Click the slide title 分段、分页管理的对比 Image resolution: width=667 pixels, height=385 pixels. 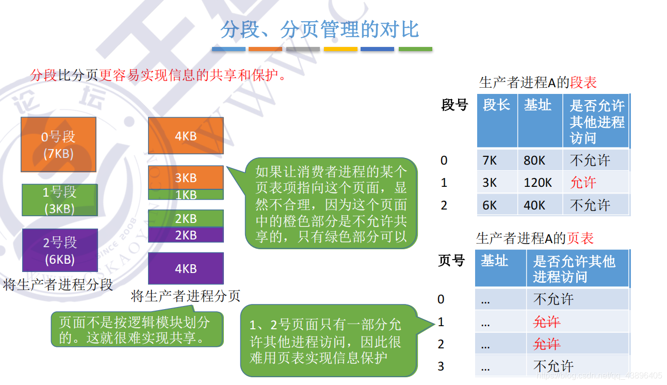[x=319, y=29]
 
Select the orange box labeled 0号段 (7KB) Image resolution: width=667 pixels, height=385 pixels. [x=58, y=145]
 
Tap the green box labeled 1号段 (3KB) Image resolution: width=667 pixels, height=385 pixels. [x=59, y=200]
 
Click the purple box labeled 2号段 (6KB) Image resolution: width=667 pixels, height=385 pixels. [x=60, y=250]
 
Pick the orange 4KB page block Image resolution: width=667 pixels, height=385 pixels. [x=186, y=136]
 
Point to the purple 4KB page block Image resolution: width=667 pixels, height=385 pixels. [x=186, y=268]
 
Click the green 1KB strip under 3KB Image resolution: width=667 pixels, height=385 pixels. [x=186, y=195]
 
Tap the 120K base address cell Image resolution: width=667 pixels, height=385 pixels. [x=538, y=183]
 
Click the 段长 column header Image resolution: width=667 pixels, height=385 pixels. [x=497, y=105]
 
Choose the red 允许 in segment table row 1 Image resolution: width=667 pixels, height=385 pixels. [x=583, y=183]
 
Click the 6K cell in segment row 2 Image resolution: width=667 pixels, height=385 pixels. [x=490, y=205]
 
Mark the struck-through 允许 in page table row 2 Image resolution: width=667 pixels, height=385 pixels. [x=546, y=344]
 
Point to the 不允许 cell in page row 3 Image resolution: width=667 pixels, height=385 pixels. [x=554, y=366]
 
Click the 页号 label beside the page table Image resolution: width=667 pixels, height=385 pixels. [x=451, y=261]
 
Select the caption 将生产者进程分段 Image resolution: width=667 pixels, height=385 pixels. [x=58, y=285]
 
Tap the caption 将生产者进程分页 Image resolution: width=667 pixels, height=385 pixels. [x=186, y=296]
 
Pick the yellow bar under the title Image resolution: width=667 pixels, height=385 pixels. [x=340, y=50]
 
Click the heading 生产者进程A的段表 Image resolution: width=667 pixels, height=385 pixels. [x=538, y=83]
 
